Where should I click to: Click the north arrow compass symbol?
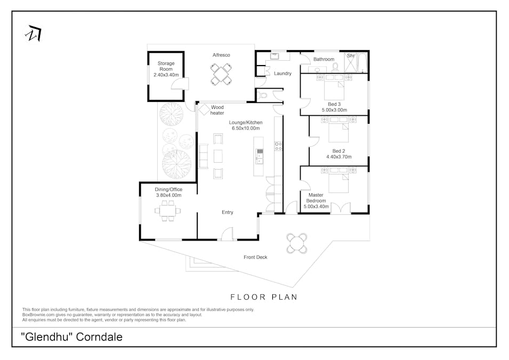coord(34,33)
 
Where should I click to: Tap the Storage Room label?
coord(166,66)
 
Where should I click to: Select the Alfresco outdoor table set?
coord(221,74)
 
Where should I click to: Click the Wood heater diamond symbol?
coord(204,109)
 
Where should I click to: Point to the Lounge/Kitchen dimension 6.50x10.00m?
coord(246,129)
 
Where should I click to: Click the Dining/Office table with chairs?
coord(168,211)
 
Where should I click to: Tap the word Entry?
coord(227,212)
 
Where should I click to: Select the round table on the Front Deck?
coord(297,243)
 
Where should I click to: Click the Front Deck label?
coord(255,257)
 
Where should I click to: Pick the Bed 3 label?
coord(334,105)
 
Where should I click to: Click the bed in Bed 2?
coord(338,129)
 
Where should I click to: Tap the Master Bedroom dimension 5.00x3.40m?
coord(316,206)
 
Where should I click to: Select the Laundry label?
coord(282,74)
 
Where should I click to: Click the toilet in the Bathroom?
coord(335,67)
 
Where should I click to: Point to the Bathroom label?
coord(324,59)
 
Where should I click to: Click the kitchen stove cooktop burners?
coord(279,146)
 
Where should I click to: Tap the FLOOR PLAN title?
coord(264,297)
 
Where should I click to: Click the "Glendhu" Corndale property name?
coord(72,337)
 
